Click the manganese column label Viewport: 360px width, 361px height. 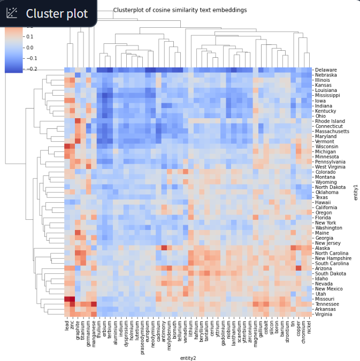94,332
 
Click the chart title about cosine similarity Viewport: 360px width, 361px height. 180,10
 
